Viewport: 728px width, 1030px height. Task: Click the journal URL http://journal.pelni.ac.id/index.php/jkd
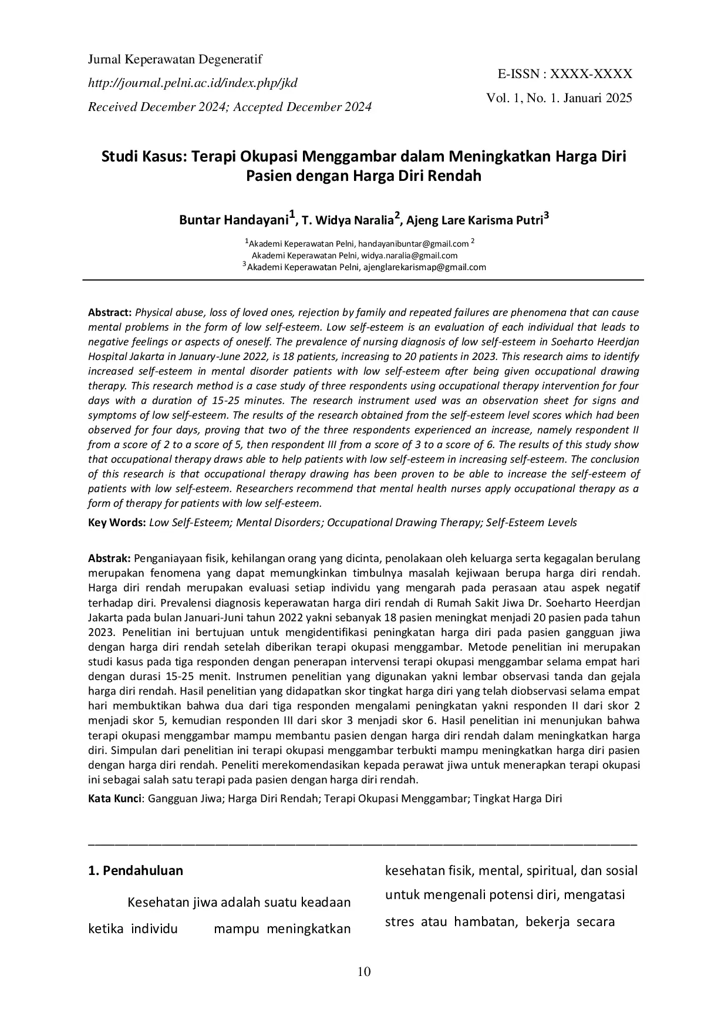coord(193,83)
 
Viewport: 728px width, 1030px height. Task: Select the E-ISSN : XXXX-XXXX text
coord(565,74)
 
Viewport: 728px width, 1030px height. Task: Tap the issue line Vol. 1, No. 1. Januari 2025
coord(559,98)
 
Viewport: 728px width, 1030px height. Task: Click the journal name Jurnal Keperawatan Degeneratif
coord(175,59)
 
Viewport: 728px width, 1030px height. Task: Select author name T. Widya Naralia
coord(347,221)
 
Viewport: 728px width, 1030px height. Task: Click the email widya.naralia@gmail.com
coord(409,255)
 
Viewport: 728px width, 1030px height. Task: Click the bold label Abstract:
coord(110,312)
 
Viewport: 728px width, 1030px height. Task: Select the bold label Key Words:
coord(117,523)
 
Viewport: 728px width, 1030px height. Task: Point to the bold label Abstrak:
coord(109,558)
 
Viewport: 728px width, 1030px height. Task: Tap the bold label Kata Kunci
coord(114,799)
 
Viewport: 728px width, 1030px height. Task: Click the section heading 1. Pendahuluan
coord(136,870)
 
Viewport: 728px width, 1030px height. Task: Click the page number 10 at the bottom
coord(364,972)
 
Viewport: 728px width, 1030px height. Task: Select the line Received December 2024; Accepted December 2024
coord(230,107)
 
